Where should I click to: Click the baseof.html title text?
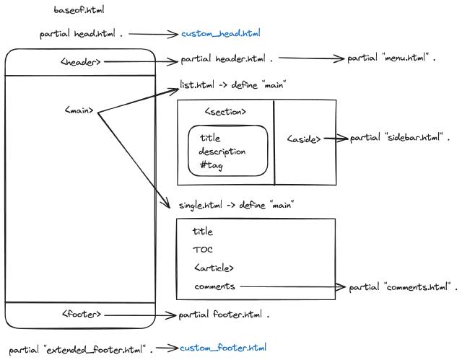[79, 10]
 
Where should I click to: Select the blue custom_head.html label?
[220, 33]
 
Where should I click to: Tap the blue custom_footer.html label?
[223, 348]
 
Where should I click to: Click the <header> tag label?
[81, 62]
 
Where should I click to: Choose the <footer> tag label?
[82, 315]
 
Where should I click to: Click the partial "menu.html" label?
[392, 58]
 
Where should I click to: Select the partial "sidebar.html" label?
[400, 138]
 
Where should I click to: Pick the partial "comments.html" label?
[403, 287]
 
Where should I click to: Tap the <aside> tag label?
[304, 139]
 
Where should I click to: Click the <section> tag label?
[225, 112]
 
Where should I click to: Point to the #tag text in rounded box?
[211, 166]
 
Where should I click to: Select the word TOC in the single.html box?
[203, 250]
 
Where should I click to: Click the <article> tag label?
[214, 268]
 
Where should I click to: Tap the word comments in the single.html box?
[214, 286]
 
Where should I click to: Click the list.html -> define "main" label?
[233, 85]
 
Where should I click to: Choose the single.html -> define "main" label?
[237, 205]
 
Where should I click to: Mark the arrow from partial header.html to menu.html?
[310, 58]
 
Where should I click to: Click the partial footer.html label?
[224, 315]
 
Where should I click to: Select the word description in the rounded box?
[222, 152]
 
